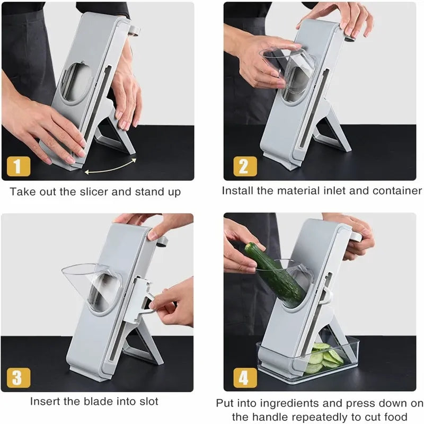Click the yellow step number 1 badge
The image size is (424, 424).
click(17, 167)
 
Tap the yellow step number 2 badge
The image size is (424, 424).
click(244, 167)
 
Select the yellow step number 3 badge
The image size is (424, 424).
click(17, 378)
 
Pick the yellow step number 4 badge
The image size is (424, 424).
click(244, 378)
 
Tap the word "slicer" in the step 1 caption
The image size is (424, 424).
click(109, 191)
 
